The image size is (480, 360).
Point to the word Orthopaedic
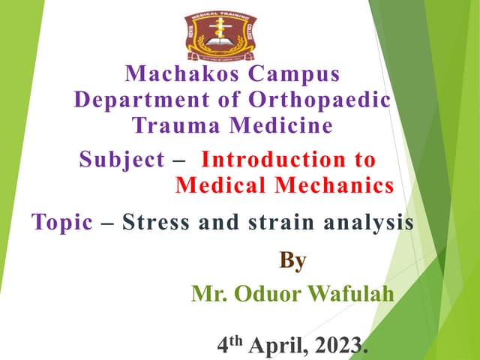(322, 100)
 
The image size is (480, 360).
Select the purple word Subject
(121, 160)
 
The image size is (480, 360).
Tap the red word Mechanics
(338, 184)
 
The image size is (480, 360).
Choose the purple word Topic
(62, 222)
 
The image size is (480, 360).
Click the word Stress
(156, 222)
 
